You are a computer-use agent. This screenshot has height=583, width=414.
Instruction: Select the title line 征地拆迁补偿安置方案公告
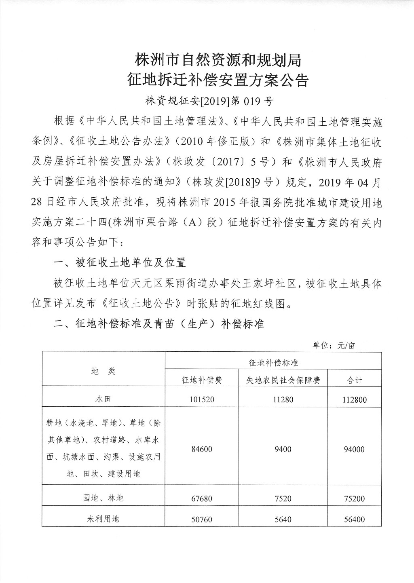pyautogui.click(x=218, y=80)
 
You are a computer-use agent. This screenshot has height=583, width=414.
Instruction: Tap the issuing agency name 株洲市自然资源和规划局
pyautogui.click(x=218, y=61)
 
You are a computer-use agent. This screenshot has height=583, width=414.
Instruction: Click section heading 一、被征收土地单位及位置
pyautogui.click(x=120, y=263)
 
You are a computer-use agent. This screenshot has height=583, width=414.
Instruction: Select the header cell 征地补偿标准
pyautogui.click(x=273, y=362)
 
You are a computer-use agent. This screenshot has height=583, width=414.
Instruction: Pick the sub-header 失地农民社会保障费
pyautogui.click(x=283, y=380)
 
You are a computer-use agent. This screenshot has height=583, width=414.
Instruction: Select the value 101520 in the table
pyautogui.click(x=202, y=400)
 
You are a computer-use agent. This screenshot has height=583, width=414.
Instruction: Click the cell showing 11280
pyautogui.click(x=283, y=400)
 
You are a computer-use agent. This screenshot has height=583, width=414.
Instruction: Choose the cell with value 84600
pyautogui.click(x=202, y=449)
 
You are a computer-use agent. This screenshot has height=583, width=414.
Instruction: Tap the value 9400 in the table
pyautogui.click(x=283, y=449)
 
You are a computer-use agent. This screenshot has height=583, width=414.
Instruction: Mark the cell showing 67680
pyautogui.click(x=202, y=499)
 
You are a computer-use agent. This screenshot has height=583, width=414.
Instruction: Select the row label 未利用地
pyautogui.click(x=103, y=519)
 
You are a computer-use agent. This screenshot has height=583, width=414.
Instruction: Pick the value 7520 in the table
pyautogui.click(x=283, y=499)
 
